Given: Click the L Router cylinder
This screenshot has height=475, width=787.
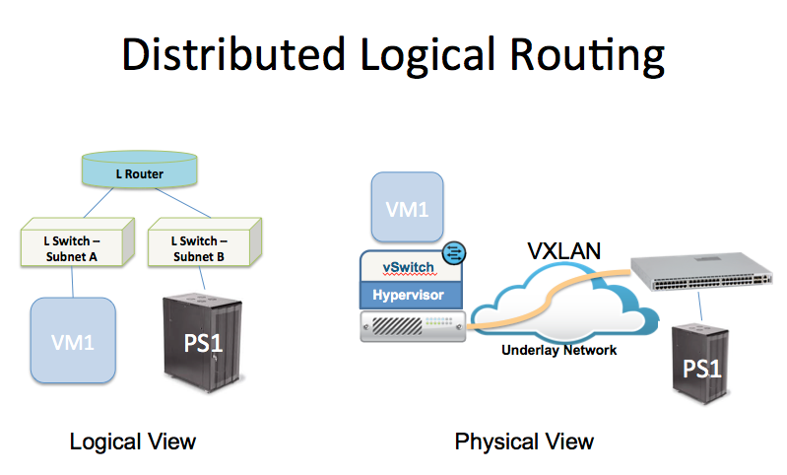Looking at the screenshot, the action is click(x=140, y=170).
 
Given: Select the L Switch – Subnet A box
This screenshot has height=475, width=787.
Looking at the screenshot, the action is click(x=78, y=242).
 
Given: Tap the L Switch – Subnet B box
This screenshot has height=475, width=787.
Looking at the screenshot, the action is click(x=205, y=242).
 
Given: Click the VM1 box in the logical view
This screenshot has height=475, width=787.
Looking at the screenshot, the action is click(x=73, y=340).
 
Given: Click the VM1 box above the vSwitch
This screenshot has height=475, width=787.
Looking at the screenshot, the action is click(x=407, y=207).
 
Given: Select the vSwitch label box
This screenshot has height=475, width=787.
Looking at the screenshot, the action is click(x=411, y=266).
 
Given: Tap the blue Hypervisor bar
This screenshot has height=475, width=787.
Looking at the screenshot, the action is click(x=411, y=296).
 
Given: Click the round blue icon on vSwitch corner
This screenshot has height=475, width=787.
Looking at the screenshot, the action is click(x=454, y=252).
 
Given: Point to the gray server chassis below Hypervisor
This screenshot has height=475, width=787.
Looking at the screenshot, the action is click(x=413, y=326).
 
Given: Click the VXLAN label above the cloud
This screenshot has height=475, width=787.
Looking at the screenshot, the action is click(x=563, y=251).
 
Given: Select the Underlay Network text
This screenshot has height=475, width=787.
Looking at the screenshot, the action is click(x=558, y=350).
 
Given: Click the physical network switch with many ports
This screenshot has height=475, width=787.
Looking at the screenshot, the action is click(x=701, y=272).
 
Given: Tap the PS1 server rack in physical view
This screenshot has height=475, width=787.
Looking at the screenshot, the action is click(x=700, y=364).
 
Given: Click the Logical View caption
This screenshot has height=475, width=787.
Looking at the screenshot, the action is click(x=133, y=441).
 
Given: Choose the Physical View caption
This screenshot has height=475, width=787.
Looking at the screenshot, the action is click(x=524, y=441).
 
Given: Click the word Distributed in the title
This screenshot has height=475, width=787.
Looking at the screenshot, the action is click(x=233, y=54).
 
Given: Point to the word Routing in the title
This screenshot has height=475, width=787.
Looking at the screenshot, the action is click(x=587, y=56).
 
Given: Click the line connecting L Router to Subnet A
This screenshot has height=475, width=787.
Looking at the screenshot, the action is click(x=98, y=203).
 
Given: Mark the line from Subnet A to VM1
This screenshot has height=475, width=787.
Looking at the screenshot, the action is click(x=72, y=282).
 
